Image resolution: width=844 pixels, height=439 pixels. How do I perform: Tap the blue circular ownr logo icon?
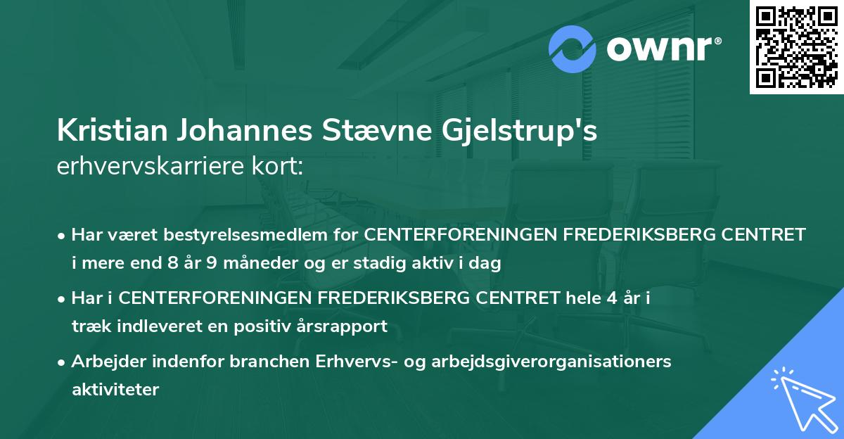coord(573,49)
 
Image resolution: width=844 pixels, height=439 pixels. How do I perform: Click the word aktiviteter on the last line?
coord(115,389)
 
